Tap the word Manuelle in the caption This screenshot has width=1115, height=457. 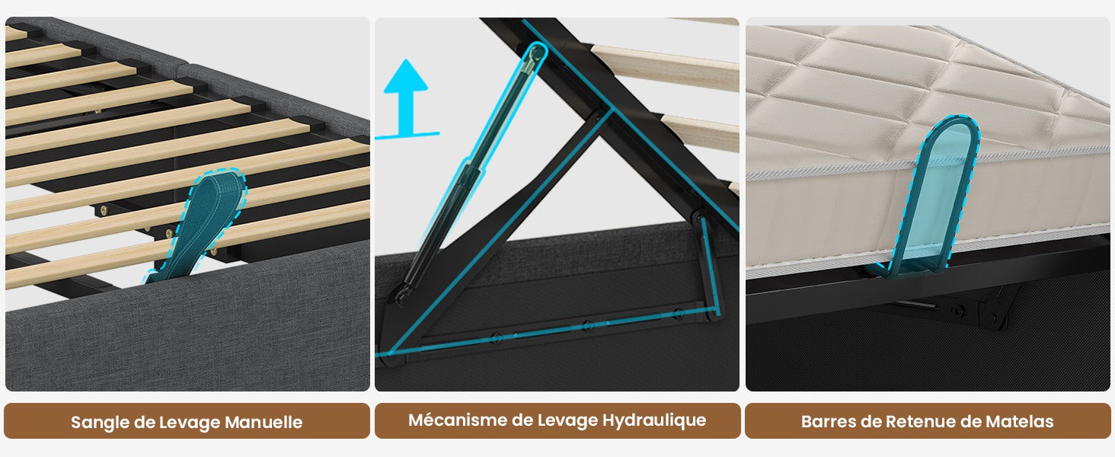(x=264, y=422)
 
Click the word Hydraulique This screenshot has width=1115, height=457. (x=654, y=420)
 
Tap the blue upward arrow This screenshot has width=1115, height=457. (x=406, y=97)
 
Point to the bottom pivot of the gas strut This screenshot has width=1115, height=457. (x=401, y=296)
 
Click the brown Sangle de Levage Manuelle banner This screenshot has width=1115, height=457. (x=187, y=421)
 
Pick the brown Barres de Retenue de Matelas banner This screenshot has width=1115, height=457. (x=928, y=421)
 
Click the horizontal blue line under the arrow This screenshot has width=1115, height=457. (x=407, y=135)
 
